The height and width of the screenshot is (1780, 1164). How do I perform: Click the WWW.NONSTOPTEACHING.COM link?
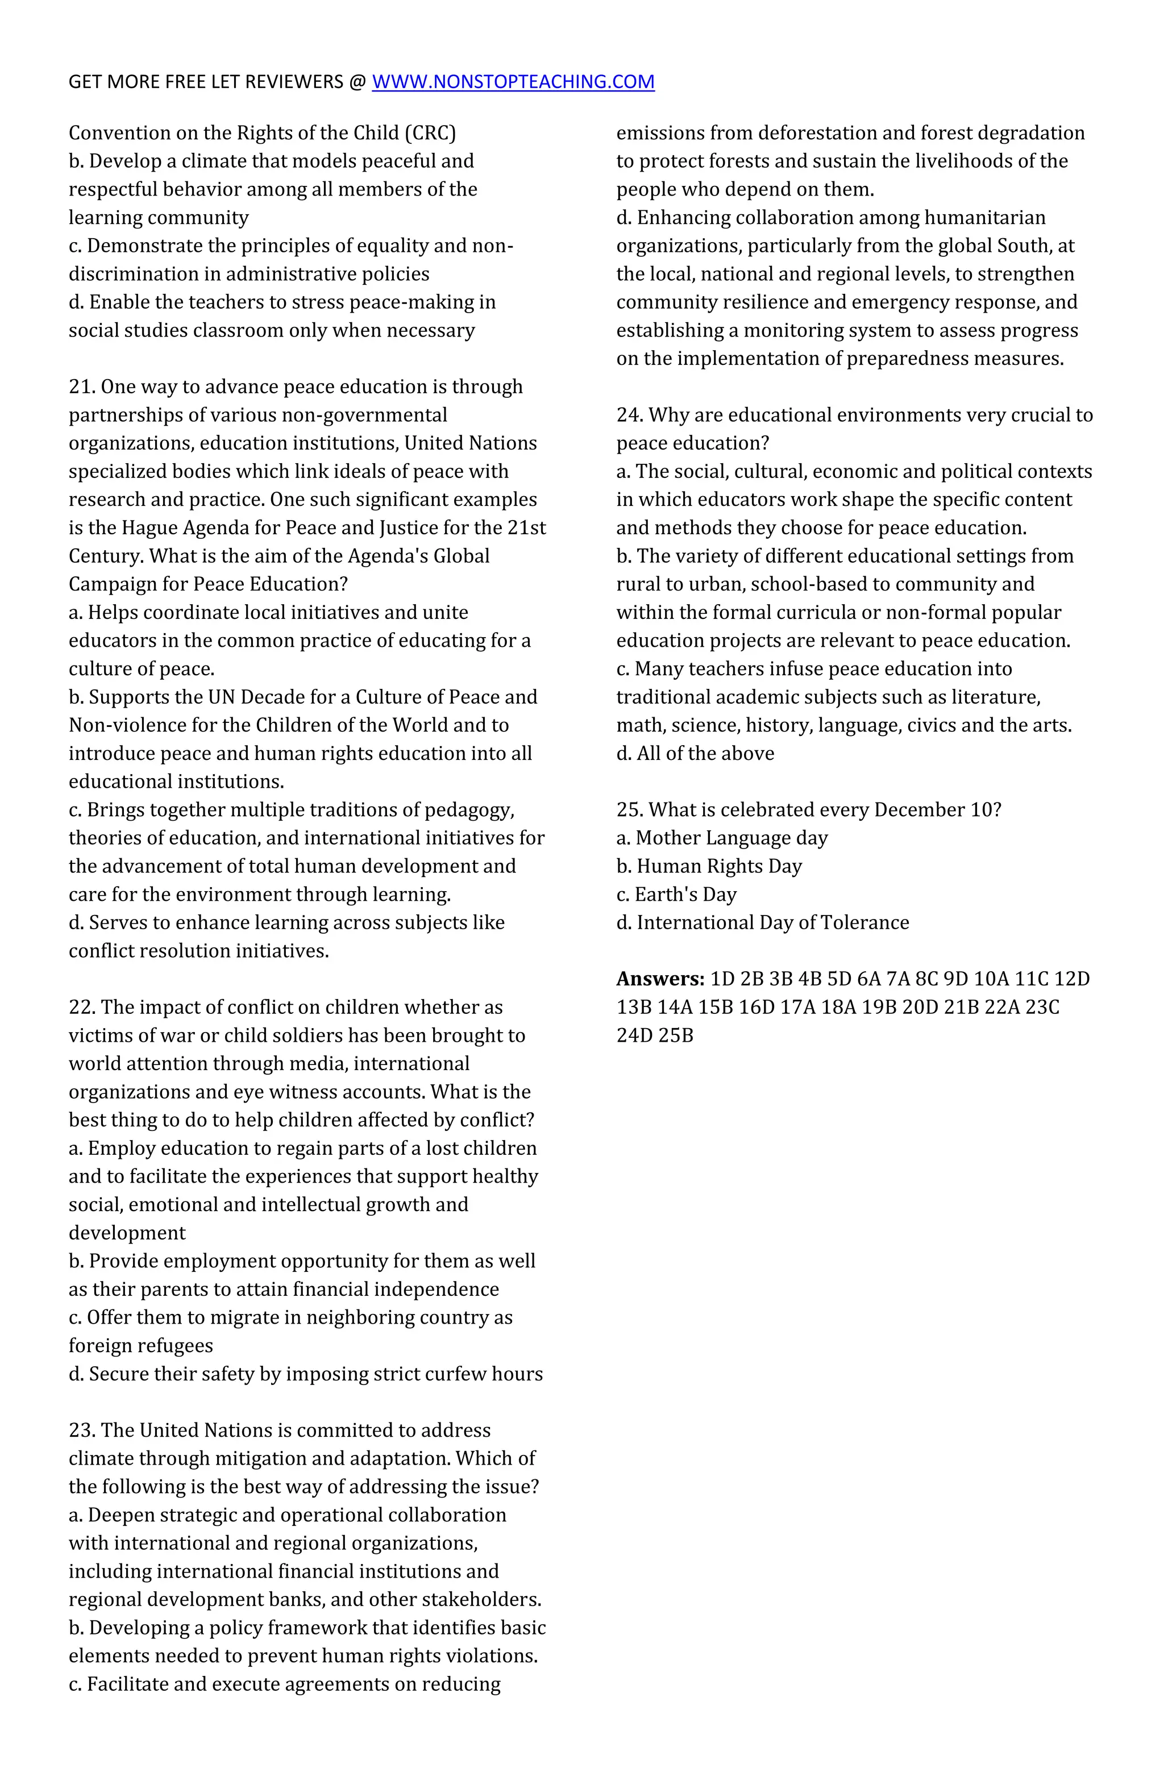click(513, 81)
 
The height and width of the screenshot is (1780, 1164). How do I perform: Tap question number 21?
click(82, 386)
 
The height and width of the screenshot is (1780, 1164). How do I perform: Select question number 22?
click(82, 1008)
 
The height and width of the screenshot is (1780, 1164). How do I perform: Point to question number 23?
click(82, 1430)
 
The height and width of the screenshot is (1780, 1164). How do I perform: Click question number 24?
click(630, 415)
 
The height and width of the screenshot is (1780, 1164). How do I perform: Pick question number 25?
click(630, 810)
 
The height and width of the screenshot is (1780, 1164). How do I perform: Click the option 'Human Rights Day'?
click(718, 866)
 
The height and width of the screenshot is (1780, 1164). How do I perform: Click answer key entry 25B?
click(676, 1036)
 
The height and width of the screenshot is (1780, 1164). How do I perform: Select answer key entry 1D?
click(722, 979)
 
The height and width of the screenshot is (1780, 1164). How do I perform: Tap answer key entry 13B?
click(634, 1008)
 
